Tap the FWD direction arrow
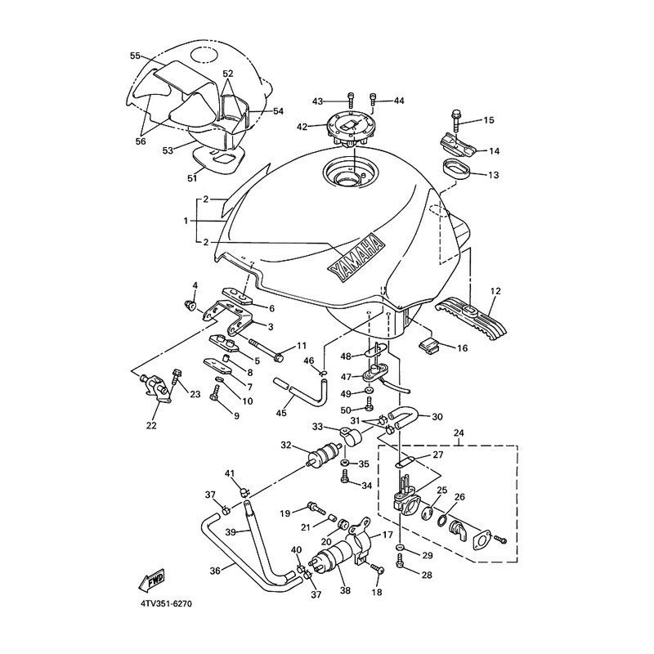click(153, 580)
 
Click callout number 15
click(489, 120)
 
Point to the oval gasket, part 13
click(456, 171)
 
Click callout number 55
click(135, 56)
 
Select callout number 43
click(318, 101)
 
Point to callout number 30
click(437, 415)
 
